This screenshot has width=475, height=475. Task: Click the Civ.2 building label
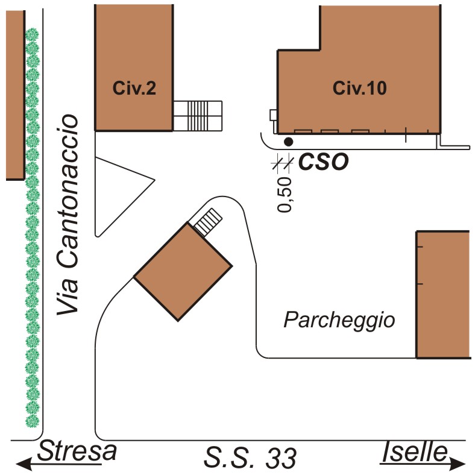[134, 89]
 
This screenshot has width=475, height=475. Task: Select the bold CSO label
[324, 162]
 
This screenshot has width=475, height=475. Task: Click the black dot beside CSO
[289, 142]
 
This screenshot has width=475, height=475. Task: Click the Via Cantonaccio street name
[69, 215]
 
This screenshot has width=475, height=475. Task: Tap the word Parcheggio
[339, 319]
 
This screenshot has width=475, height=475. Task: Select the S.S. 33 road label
[250, 458]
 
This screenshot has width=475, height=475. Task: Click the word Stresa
[77, 451]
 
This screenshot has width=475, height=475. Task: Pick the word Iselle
[416, 451]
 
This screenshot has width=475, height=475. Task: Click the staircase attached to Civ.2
[198, 115]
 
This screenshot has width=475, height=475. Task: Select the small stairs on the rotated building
[207, 221]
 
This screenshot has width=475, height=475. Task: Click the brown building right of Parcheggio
[443, 294]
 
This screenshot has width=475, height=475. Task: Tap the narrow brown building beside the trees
[14, 95]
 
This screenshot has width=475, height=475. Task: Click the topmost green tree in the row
[32, 34]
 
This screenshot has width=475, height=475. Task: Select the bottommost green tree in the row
[32, 421]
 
